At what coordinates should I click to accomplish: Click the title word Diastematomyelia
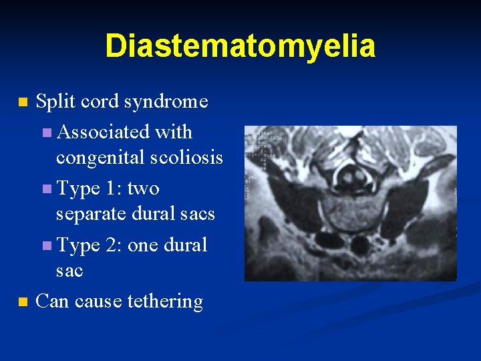pos(240,46)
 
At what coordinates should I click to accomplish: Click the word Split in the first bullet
pos(54,102)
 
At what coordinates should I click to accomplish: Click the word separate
pos(95,214)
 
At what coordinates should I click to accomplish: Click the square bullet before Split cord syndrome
pos(23,103)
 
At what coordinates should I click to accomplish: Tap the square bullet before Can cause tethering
pos(23,302)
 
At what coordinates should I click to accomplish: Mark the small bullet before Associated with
pos(45,133)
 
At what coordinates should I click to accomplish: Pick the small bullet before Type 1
pos(45,190)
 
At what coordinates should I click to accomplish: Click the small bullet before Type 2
pos(45,247)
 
